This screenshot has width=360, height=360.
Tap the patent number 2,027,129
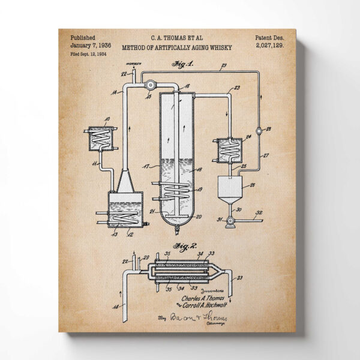[269, 45]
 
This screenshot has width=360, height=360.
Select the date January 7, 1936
[90, 45]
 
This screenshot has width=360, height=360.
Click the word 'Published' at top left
[83, 37]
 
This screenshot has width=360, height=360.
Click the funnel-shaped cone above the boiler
[124, 178]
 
